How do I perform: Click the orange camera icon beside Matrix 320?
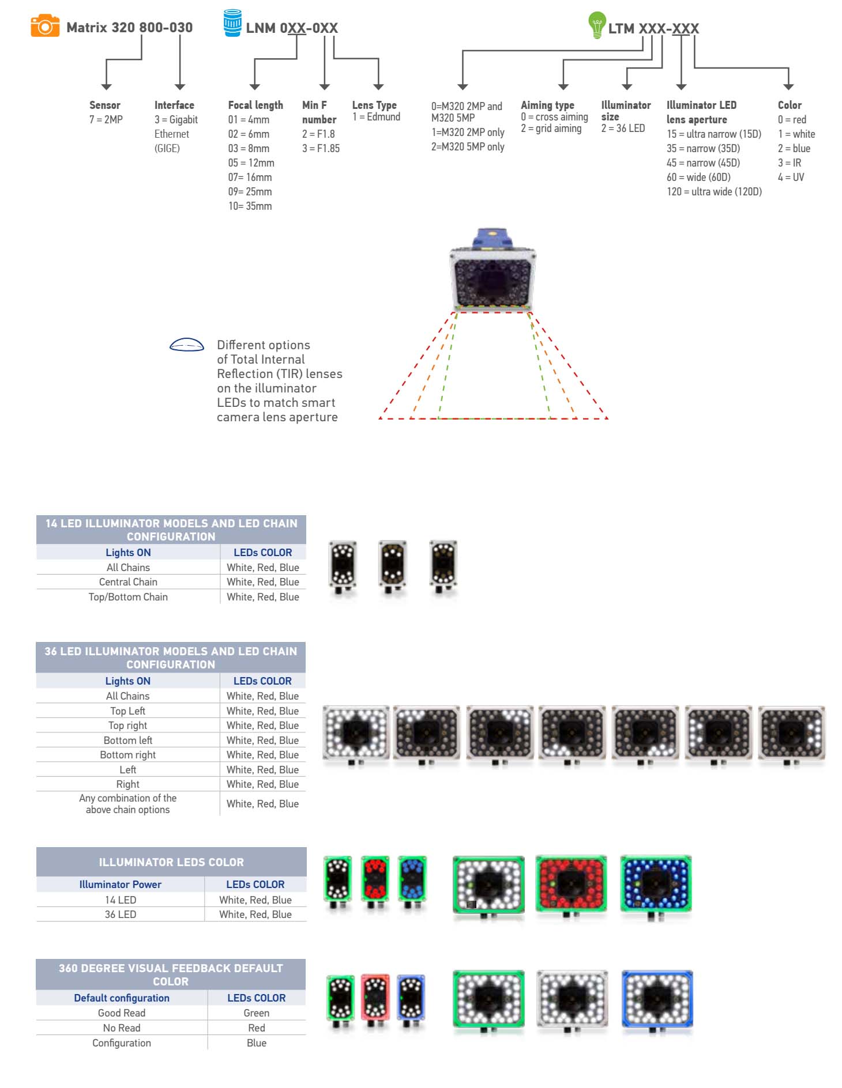click(x=45, y=26)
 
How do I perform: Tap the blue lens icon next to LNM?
click(x=232, y=23)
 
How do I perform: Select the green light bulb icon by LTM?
click(x=597, y=25)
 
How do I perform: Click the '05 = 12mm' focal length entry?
click(x=251, y=163)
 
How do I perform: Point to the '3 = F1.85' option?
click(x=321, y=148)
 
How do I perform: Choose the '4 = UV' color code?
click(x=791, y=177)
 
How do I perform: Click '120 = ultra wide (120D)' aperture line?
click(x=714, y=192)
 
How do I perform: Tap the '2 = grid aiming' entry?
click(x=551, y=129)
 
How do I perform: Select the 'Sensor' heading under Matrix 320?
click(x=105, y=105)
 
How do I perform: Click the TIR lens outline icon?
click(x=186, y=345)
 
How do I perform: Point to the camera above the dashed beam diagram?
click(x=493, y=270)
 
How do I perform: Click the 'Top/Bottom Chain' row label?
click(x=128, y=597)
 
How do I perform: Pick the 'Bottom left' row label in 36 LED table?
click(x=128, y=741)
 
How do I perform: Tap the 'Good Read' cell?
click(x=122, y=1013)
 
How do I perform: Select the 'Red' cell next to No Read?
click(x=257, y=1028)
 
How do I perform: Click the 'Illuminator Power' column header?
click(x=121, y=885)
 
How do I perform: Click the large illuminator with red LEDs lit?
click(x=571, y=885)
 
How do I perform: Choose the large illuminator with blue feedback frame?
click(x=657, y=1001)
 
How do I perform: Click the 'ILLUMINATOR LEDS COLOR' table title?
click(x=171, y=862)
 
